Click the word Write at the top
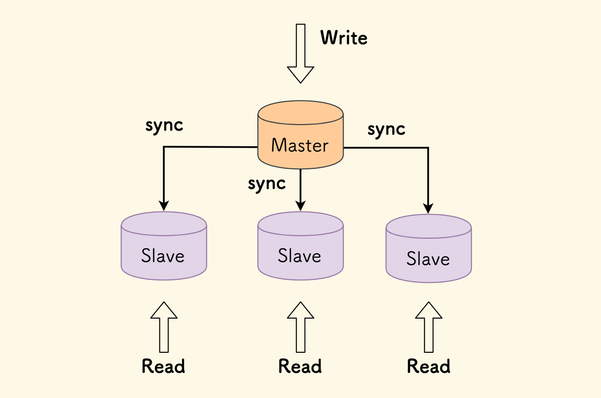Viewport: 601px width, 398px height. click(344, 38)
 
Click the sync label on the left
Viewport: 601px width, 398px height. click(164, 126)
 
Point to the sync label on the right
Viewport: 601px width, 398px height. click(386, 130)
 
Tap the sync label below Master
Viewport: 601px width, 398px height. click(267, 184)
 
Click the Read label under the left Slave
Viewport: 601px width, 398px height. click(163, 366)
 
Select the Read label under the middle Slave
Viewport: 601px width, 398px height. click(300, 366)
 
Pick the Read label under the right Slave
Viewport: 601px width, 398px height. click(429, 366)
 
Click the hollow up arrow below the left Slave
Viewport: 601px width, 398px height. click(164, 327)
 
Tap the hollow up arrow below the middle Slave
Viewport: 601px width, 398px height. click(301, 327)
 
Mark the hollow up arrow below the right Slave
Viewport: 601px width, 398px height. click(429, 327)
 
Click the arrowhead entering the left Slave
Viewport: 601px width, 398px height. click(164, 206)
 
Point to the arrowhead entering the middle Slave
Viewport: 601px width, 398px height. click(301, 206)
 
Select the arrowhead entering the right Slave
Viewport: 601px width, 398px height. click(429, 208)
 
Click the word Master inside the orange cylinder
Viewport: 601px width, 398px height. click(299, 146)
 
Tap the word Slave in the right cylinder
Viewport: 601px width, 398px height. click(428, 259)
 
